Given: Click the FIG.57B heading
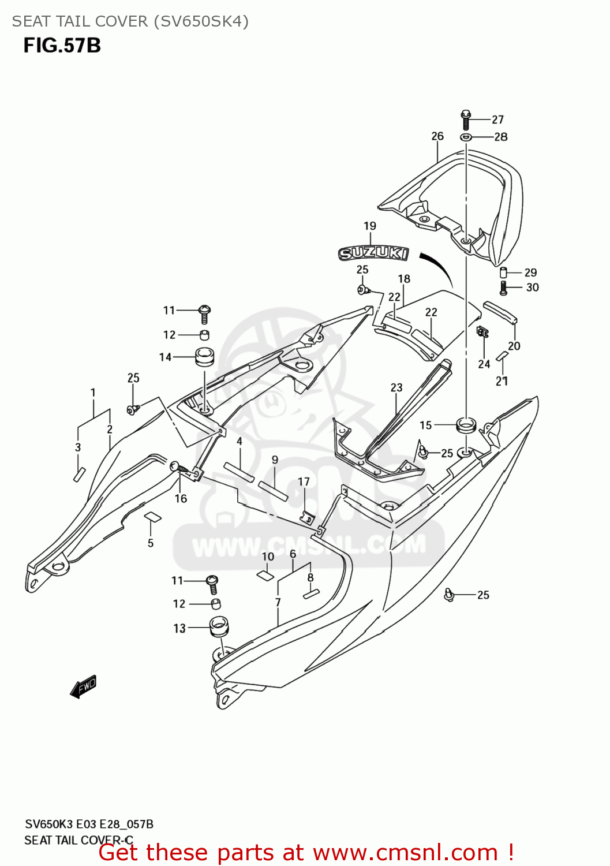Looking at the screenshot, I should [x=62, y=46].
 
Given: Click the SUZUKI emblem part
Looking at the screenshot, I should [x=373, y=253].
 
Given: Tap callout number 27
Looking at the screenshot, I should [x=497, y=120].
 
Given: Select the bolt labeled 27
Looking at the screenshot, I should [x=466, y=119].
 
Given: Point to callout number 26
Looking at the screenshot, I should [x=437, y=136].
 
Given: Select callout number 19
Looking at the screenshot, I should [x=370, y=226].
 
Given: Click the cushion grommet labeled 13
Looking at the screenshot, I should [x=218, y=626].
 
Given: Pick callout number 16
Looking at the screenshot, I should [x=181, y=498].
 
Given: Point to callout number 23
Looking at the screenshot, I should [x=396, y=387].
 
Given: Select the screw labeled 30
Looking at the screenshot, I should [x=503, y=288].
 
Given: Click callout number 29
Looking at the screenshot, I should [x=530, y=273].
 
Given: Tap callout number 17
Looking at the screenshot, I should [x=304, y=481].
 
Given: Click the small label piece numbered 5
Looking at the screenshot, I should [x=152, y=516].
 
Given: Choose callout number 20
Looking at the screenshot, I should [x=514, y=346].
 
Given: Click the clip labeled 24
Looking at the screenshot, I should [x=483, y=332].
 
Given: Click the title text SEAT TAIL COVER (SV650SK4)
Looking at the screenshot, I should [x=130, y=21].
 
